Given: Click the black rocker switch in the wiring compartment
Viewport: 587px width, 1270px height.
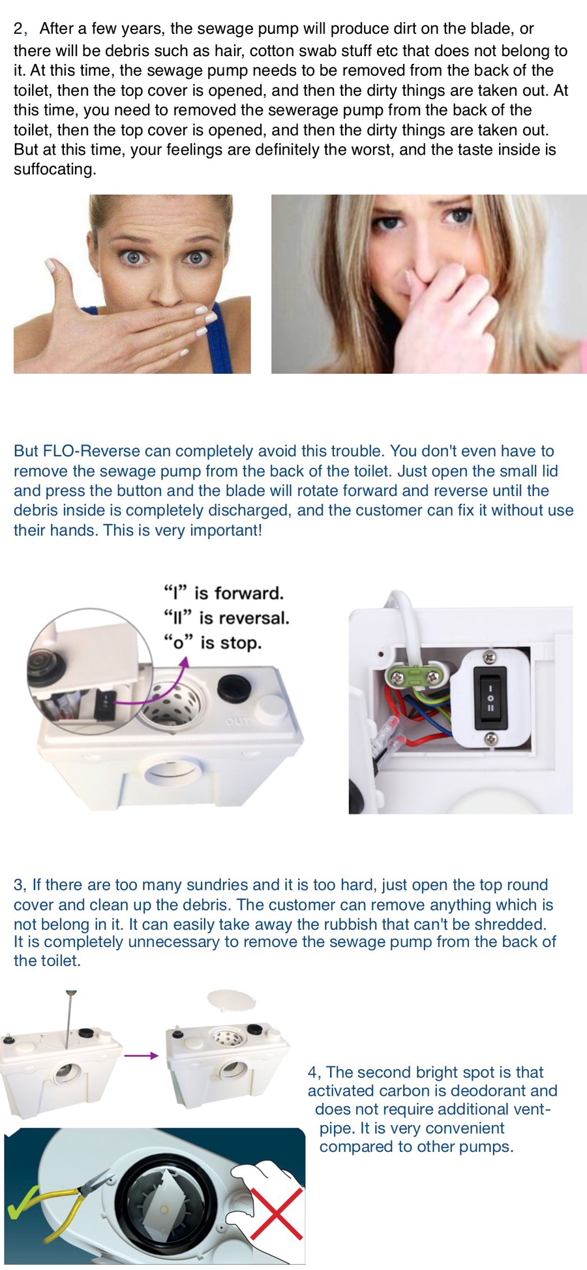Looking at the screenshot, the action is pyautogui.click(x=490, y=698).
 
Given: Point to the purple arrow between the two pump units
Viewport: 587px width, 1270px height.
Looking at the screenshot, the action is pyautogui.click(x=141, y=1055).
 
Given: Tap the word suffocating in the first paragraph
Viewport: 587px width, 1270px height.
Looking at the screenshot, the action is pyautogui.click(x=55, y=169).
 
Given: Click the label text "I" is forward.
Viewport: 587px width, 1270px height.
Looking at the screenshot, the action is pyautogui.click(x=224, y=593).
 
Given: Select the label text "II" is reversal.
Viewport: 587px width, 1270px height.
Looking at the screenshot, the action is pyautogui.click(x=226, y=618).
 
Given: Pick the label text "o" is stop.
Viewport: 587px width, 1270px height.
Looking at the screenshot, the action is pyautogui.click(x=213, y=643).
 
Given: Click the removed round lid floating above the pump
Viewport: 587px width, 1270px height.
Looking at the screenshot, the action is pyautogui.click(x=232, y=1000).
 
